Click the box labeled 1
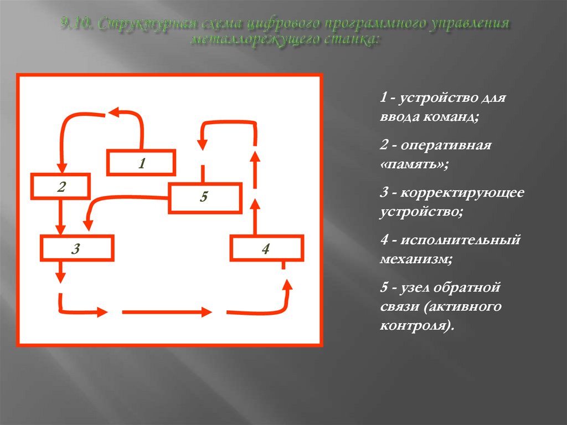point(141,163)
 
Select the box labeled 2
point(61,187)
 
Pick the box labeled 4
point(267,248)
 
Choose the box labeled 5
point(204,198)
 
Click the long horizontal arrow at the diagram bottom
point(166,313)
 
